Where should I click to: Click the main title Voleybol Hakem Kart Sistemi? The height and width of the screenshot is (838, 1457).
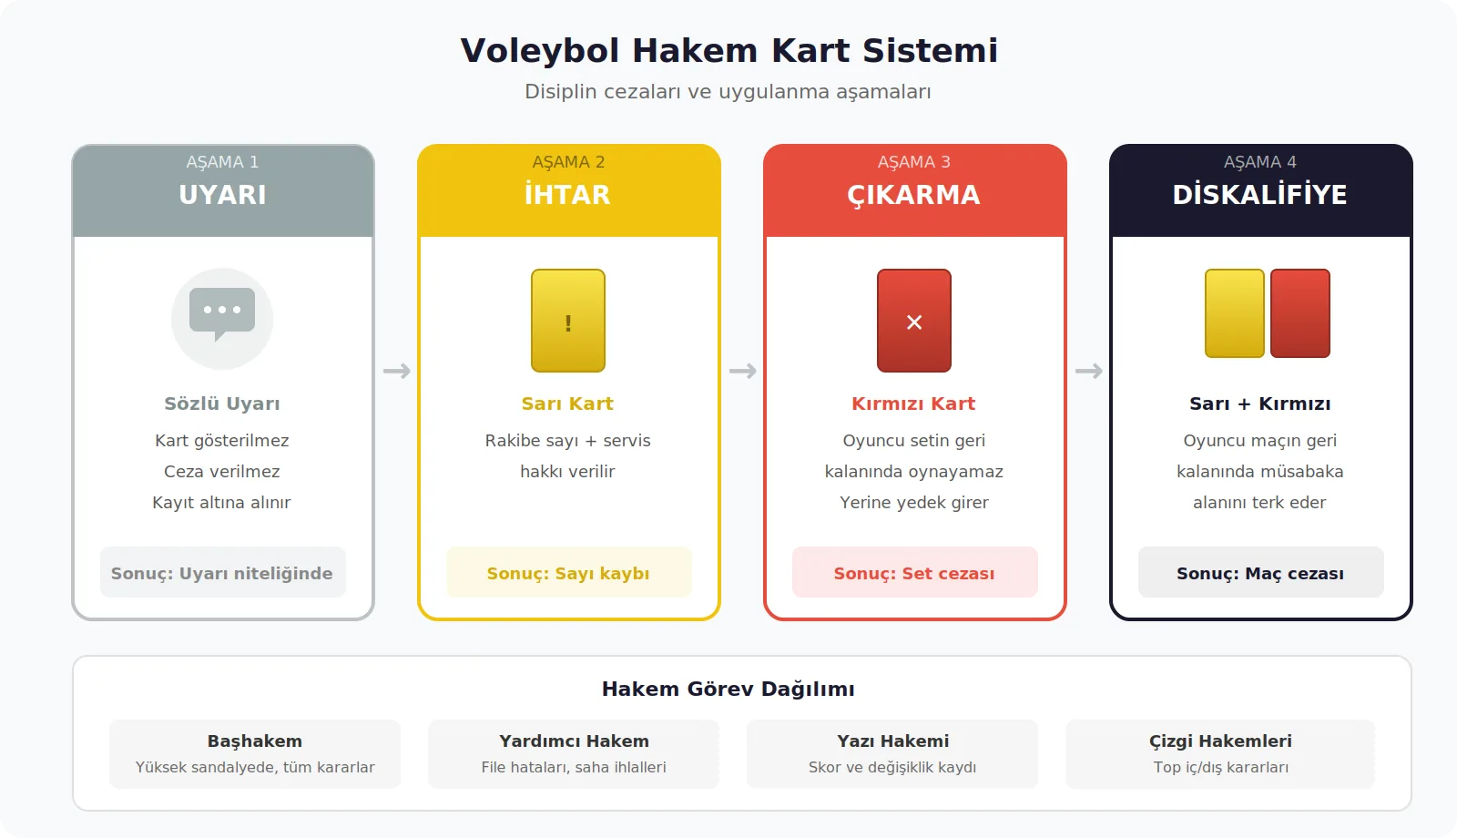[x=728, y=51]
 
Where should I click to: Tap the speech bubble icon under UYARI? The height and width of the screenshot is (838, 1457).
[x=222, y=315]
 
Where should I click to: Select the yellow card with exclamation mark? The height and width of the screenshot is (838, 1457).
[x=568, y=321]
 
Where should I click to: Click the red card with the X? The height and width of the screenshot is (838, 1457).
[x=914, y=321]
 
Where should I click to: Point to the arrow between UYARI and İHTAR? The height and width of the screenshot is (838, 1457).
[x=396, y=371]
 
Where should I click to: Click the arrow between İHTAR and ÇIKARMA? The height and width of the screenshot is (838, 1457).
[x=742, y=371]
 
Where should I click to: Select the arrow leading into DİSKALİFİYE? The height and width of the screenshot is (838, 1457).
[x=1088, y=371]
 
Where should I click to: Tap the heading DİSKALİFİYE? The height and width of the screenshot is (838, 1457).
[x=1260, y=195]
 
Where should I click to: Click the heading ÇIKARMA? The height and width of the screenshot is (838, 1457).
[x=914, y=195]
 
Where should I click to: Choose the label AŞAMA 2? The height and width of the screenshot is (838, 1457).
[x=568, y=162]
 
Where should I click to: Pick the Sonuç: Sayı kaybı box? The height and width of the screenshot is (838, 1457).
[x=568, y=573]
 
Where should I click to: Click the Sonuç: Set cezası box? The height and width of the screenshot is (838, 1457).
[x=914, y=573]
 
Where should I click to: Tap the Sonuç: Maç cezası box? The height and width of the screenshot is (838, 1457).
[x=1260, y=573]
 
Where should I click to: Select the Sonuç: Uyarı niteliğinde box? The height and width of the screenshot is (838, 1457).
[x=222, y=573]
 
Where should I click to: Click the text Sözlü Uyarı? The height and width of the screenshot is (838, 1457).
[x=222, y=404]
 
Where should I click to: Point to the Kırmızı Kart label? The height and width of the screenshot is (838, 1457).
[x=914, y=404]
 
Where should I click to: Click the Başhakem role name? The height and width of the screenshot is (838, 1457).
[x=255, y=741]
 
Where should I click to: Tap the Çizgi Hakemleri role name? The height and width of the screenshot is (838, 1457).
[x=1220, y=741]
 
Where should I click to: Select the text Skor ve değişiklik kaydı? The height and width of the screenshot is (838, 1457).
[x=892, y=767]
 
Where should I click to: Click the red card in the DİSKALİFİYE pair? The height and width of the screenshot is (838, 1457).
[x=1300, y=313]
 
